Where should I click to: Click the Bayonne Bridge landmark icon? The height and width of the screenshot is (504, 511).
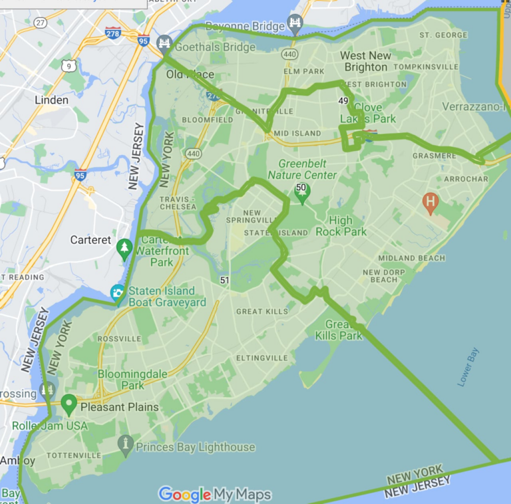pos(295,23)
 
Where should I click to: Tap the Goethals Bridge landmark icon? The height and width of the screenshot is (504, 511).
pos(164,45)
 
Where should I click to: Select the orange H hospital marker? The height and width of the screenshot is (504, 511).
pos(430,202)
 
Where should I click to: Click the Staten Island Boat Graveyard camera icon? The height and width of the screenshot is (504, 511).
pos(118,292)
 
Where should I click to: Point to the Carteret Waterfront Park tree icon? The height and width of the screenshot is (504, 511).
pos(124,248)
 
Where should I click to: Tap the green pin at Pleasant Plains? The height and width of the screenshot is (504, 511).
pos(69,403)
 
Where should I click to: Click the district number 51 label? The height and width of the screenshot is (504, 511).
pos(224,281)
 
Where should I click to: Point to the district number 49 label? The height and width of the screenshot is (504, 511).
pos(343,101)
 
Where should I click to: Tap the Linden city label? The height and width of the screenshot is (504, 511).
pos(51,100)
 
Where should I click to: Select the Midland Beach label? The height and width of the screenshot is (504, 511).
pos(411,258)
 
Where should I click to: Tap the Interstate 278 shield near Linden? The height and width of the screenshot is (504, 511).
pos(112,33)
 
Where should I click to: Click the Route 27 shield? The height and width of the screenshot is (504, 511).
pos(41,23)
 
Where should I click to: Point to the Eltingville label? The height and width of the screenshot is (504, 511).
pos(262,358)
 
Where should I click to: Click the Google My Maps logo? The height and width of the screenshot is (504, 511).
pos(214,494)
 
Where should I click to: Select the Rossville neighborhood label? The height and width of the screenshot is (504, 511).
pos(119,338)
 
